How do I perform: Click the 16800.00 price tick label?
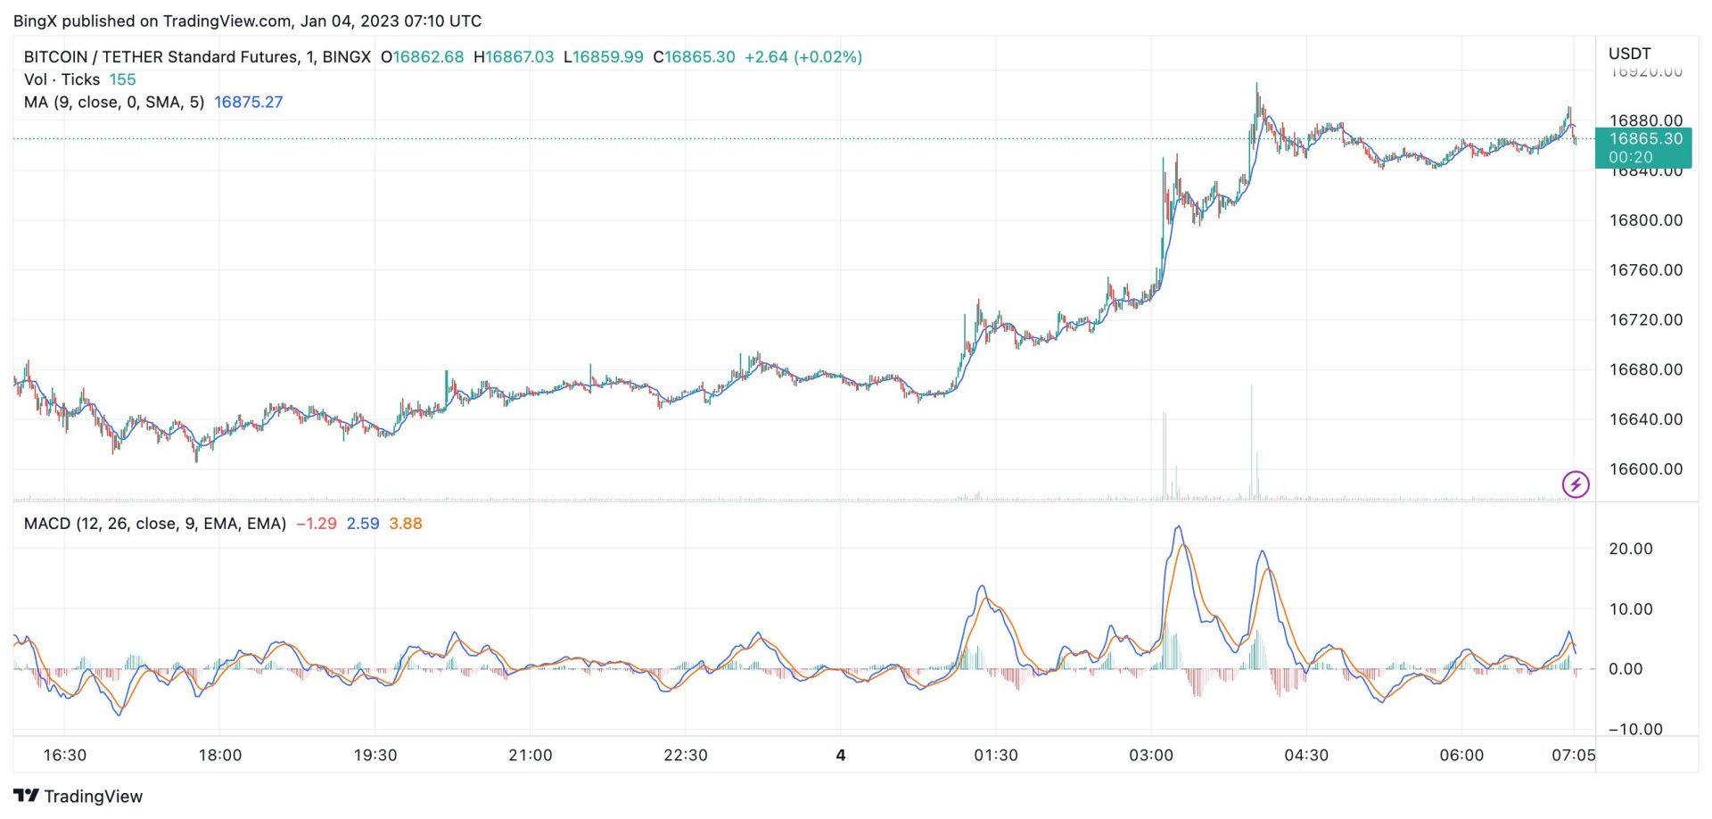click(x=1645, y=220)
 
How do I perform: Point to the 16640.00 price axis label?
click(x=1645, y=419)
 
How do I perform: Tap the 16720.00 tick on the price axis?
click(x=1645, y=319)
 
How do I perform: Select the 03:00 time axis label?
click(x=1150, y=756)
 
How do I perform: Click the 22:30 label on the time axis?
click(x=685, y=756)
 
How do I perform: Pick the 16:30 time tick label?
click(x=65, y=756)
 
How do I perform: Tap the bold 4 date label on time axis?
click(x=840, y=756)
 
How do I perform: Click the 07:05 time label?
click(x=1573, y=756)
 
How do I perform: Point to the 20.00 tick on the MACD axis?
click(x=1630, y=549)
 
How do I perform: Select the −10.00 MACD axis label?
click(x=1635, y=730)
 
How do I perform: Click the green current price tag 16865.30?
click(x=1645, y=139)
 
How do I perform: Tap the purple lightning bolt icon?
click(x=1576, y=484)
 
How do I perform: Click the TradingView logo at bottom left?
click(x=78, y=796)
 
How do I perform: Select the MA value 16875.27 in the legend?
click(x=248, y=103)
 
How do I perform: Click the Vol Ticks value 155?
click(x=122, y=79)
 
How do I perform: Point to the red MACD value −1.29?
click(x=316, y=524)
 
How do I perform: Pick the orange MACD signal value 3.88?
click(x=405, y=524)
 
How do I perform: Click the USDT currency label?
click(x=1629, y=54)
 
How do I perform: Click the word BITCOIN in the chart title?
click(x=55, y=57)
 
